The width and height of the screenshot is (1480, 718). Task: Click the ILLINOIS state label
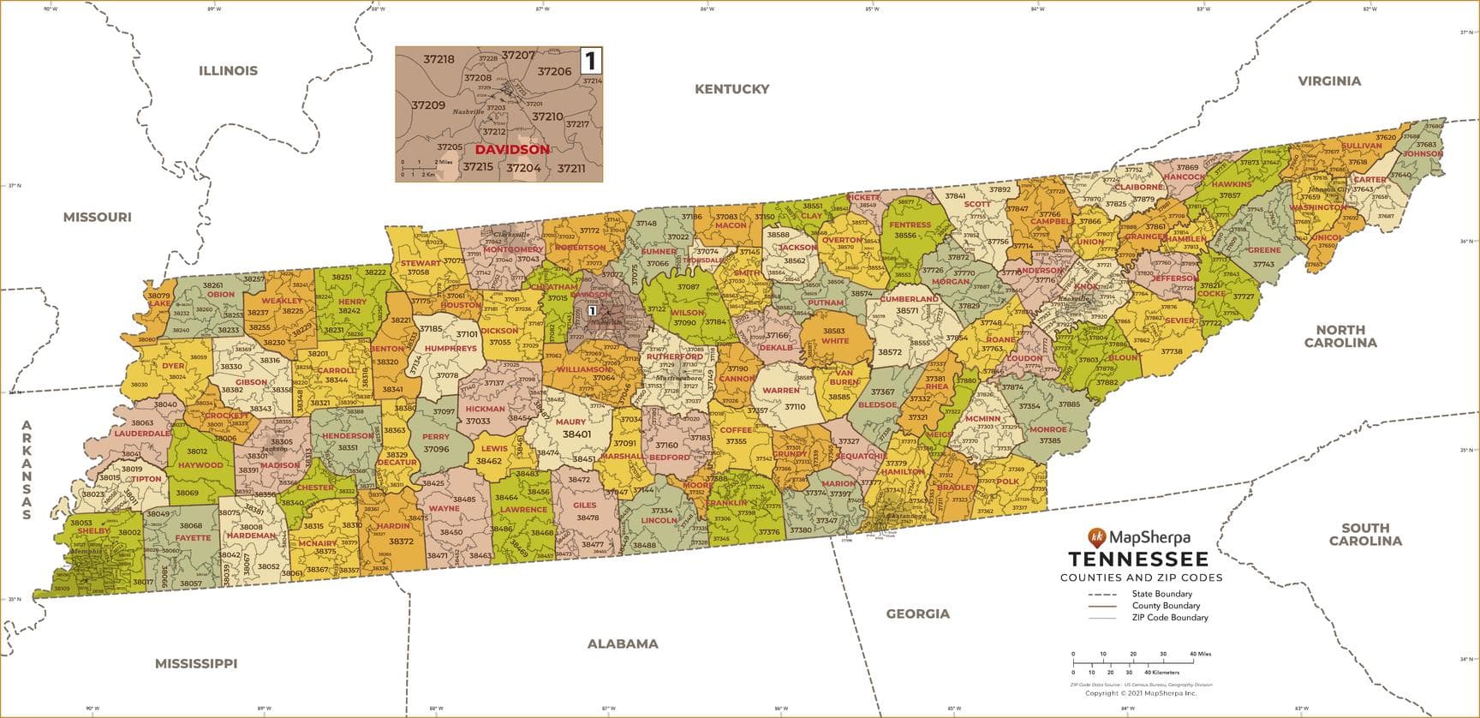(228, 71)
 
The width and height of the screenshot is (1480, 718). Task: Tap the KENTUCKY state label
(731, 89)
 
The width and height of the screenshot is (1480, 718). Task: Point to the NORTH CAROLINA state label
(1340, 336)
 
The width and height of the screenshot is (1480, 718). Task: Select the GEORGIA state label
(917, 613)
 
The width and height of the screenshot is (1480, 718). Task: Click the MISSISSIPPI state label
(195, 663)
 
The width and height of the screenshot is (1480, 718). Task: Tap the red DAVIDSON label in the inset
(512, 149)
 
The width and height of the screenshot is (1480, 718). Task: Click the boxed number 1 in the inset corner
(590, 60)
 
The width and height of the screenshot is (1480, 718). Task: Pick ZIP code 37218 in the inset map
(439, 59)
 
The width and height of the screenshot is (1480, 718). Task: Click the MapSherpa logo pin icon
(1096, 537)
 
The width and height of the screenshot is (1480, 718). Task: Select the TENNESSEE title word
(1138, 559)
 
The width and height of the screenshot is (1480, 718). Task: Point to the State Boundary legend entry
(1161, 594)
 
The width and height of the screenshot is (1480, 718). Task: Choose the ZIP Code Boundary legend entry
(1169, 617)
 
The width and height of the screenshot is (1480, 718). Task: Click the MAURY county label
(570, 422)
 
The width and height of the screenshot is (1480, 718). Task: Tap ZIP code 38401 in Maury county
(576, 434)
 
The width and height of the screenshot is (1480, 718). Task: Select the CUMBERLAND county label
(910, 299)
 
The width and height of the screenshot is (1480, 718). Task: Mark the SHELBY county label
(93, 530)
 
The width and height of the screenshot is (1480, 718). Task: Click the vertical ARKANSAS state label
(27, 470)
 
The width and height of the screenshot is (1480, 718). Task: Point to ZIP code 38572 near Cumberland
(889, 352)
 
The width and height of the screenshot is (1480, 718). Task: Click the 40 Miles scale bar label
(1200, 654)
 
